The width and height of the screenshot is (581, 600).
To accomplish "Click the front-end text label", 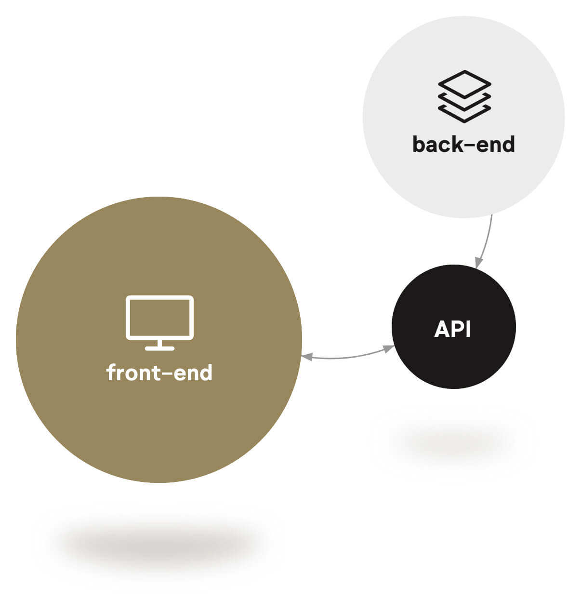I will click(159, 373).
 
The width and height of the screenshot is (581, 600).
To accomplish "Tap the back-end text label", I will click(463, 144).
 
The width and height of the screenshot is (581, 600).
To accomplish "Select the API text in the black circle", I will click(452, 329).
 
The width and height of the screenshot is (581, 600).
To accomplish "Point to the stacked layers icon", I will click(464, 96).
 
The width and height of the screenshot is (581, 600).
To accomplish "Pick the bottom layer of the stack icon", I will click(464, 115).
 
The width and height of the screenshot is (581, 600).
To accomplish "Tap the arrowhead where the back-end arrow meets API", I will click(478, 263).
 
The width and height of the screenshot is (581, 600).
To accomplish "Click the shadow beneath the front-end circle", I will click(159, 545).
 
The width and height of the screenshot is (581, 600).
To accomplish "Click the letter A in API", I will click(441, 329).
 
